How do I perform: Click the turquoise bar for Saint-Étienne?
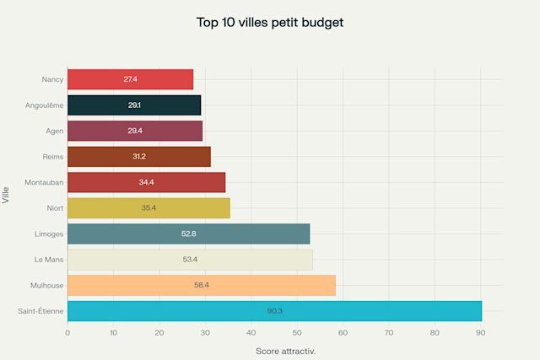(274, 311)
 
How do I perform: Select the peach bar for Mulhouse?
(201, 285)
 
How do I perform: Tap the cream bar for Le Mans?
(190, 259)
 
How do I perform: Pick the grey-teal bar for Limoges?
(188, 234)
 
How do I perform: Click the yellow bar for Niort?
(148, 207)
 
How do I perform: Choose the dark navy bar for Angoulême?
(134, 105)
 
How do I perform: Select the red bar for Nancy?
(130, 79)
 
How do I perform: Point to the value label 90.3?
(274, 311)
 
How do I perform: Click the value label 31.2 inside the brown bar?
(138, 156)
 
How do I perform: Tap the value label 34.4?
(146, 182)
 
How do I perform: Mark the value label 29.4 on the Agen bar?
(134, 131)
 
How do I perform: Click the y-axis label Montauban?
(43, 182)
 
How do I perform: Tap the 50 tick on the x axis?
(297, 333)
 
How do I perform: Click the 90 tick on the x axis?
(480, 333)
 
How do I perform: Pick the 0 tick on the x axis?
(67, 333)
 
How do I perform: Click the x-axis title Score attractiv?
(285, 350)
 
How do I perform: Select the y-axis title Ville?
(7, 195)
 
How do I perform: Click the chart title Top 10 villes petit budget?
(270, 22)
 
